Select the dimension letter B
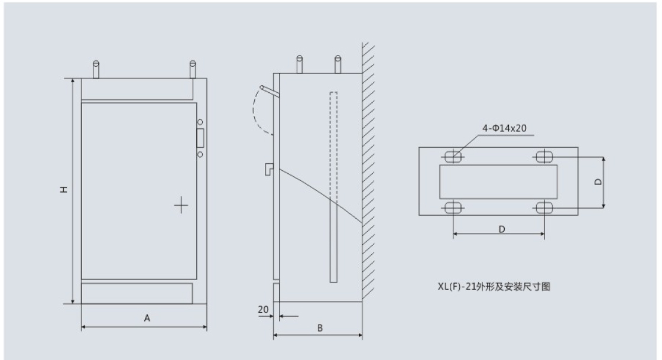pyautogui.click(x=320, y=327)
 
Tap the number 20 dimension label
pyautogui.click(x=263, y=309)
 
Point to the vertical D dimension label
pyautogui.click(x=598, y=182)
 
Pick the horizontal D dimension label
pyautogui.click(x=501, y=228)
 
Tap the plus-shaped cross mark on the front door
pyautogui.click(x=181, y=206)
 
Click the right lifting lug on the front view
pyautogui.click(x=192, y=69)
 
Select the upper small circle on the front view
pyautogui.click(x=200, y=122)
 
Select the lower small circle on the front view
pyautogui.click(x=200, y=154)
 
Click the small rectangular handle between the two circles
pyautogui.click(x=200, y=138)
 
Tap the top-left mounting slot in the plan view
pyautogui.click(x=453, y=157)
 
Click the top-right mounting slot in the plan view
pyautogui.click(x=543, y=157)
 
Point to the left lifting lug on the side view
pyautogui.click(x=299, y=63)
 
